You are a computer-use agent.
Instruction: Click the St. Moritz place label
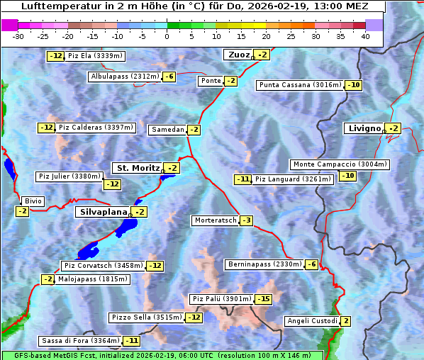tap(137, 168)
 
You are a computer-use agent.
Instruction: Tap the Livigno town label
tap(364, 128)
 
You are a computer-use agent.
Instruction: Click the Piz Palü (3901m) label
tap(221, 299)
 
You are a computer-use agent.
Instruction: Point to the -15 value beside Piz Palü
tap(264, 299)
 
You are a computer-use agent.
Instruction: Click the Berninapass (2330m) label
tap(264, 264)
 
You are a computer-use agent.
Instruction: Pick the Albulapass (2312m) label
tap(125, 77)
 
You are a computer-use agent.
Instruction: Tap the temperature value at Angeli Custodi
tap(346, 321)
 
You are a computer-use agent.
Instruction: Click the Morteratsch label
tap(215, 220)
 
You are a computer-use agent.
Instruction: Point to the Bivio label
tap(33, 201)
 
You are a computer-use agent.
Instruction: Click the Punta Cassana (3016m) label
tap(299, 85)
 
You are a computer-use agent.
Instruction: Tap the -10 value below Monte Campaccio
tap(347, 176)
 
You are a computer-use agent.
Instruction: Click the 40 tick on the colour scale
tap(365, 36)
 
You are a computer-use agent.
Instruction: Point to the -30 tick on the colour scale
tap(18, 36)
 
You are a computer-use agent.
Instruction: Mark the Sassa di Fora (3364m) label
tap(80, 341)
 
